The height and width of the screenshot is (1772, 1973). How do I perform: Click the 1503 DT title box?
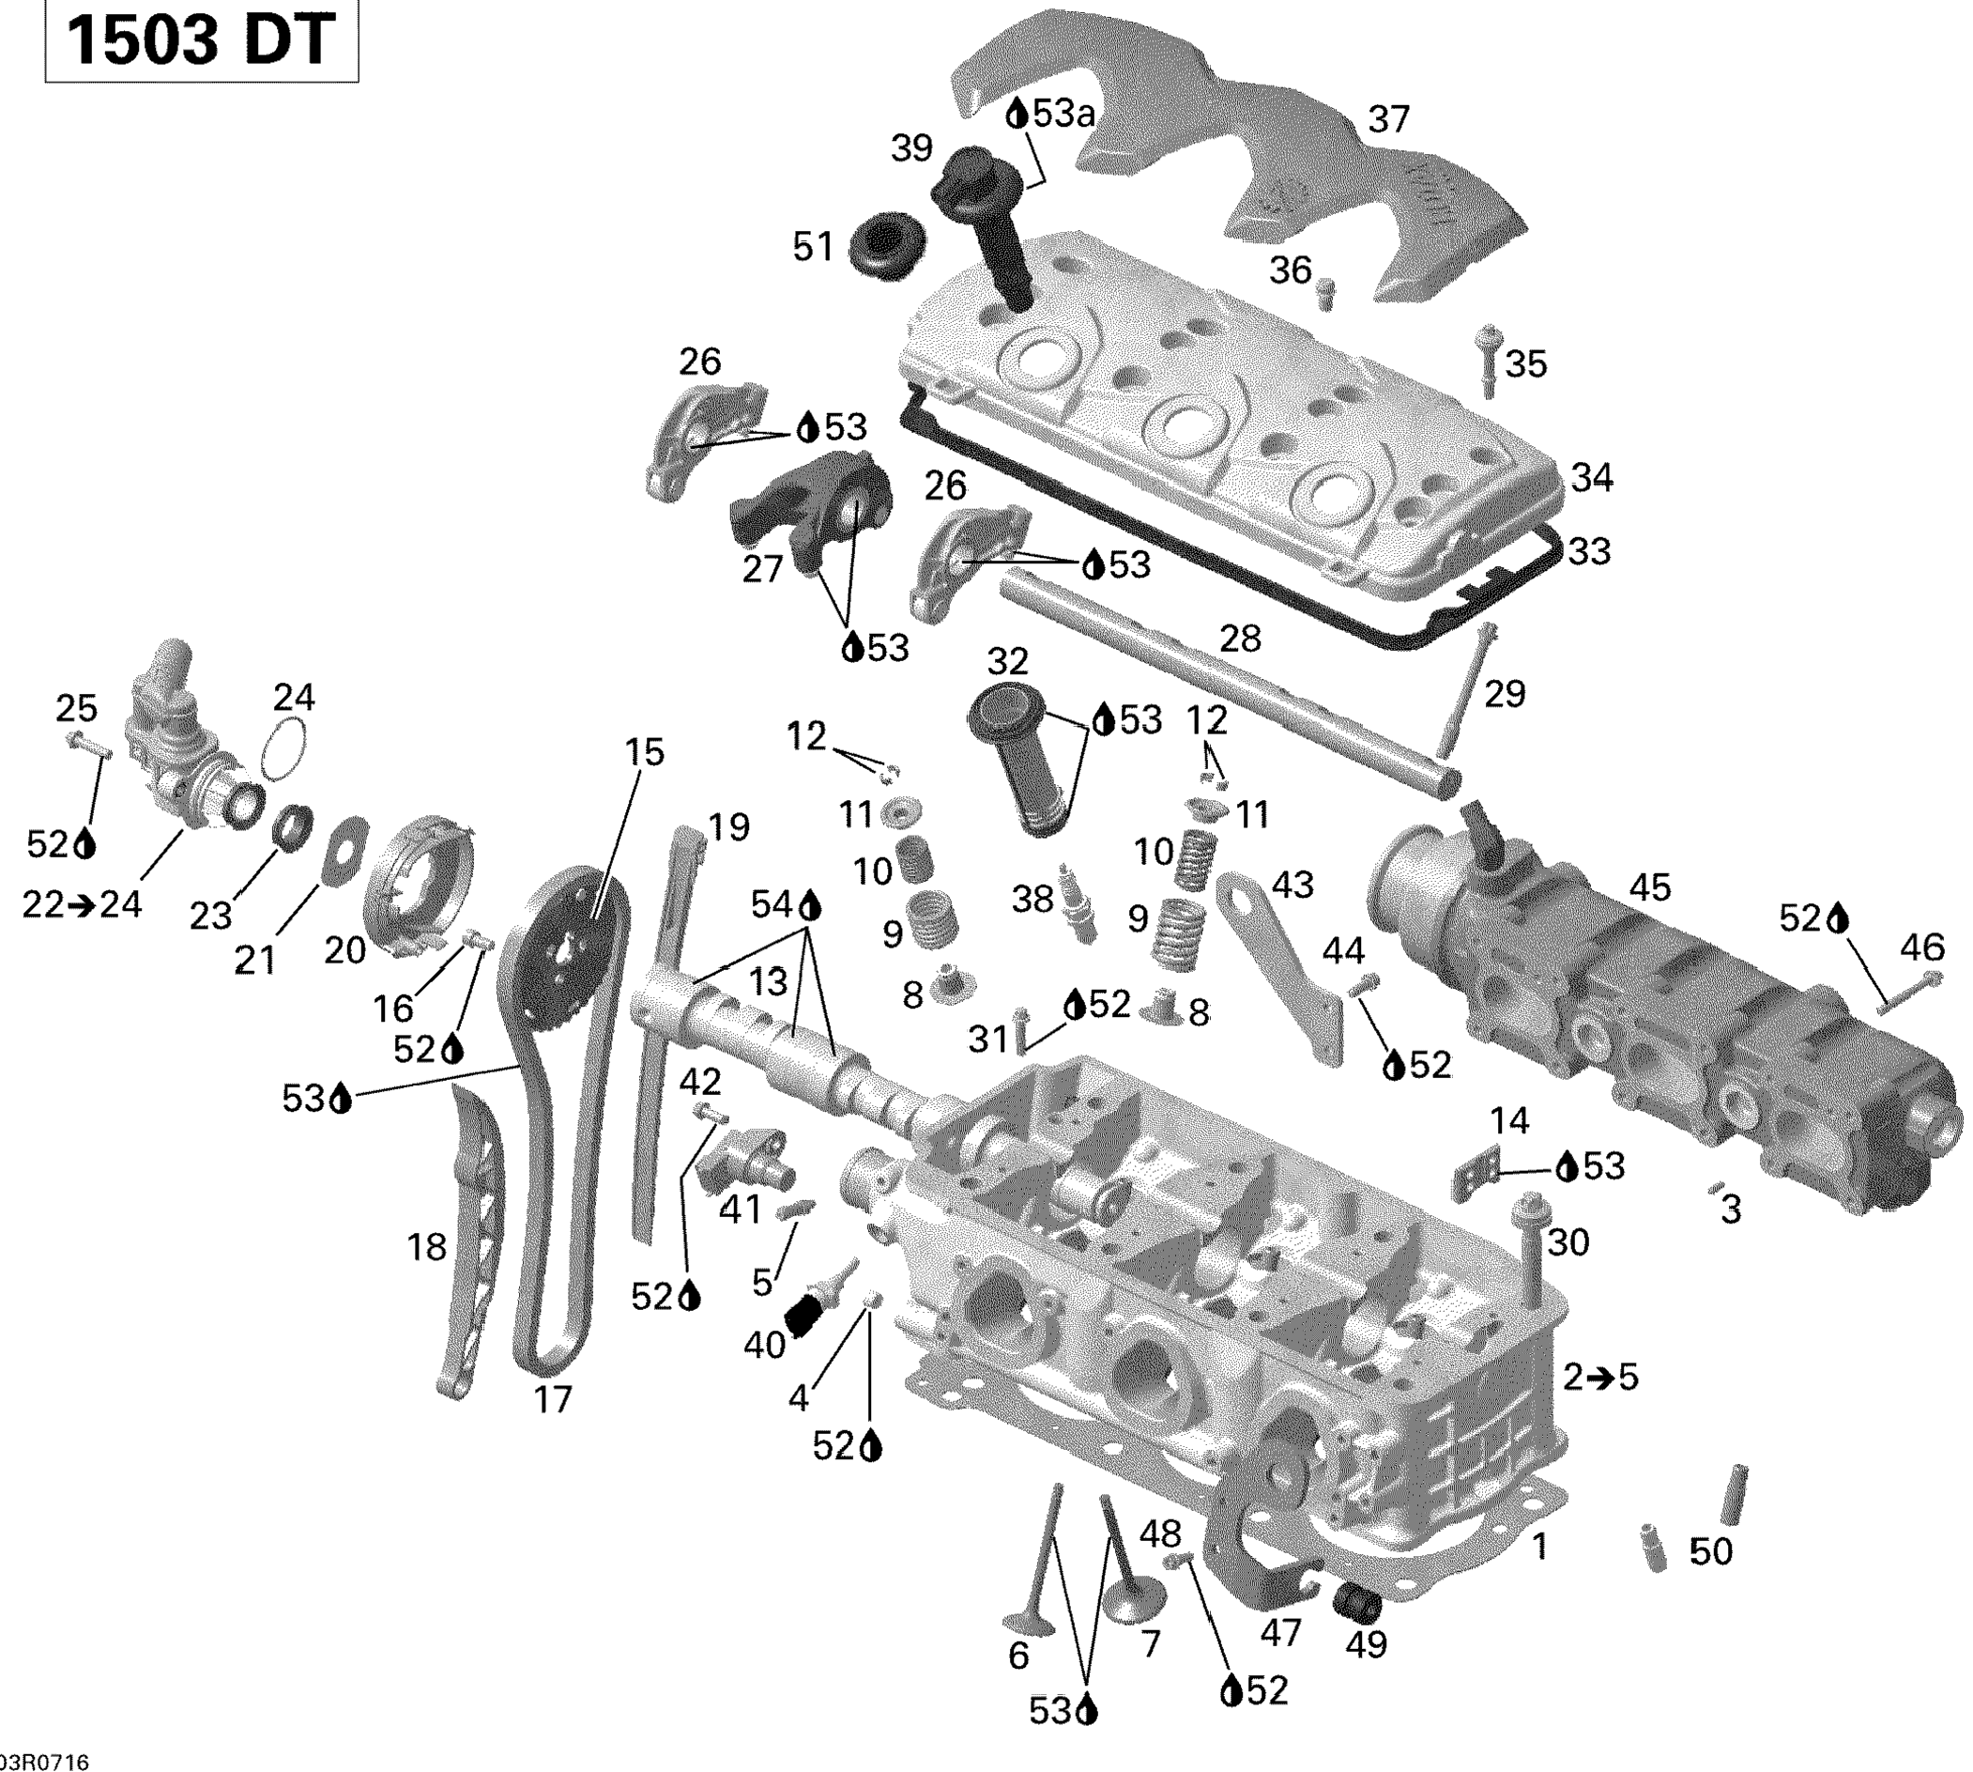tap(202, 41)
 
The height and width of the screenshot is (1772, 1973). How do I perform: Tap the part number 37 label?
tap(1389, 120)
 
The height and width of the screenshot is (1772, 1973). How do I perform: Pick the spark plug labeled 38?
tap(1079, 901)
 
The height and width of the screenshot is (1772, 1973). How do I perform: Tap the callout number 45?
tap(1649, 887)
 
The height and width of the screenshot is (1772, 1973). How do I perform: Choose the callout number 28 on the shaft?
tap(1240, 639)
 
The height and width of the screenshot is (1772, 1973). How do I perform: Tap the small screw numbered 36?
tap(1323, 291)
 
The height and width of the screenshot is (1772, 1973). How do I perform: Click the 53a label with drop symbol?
tap(1050, 114)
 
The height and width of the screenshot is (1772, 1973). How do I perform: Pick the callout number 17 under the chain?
tap(553, 1398)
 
